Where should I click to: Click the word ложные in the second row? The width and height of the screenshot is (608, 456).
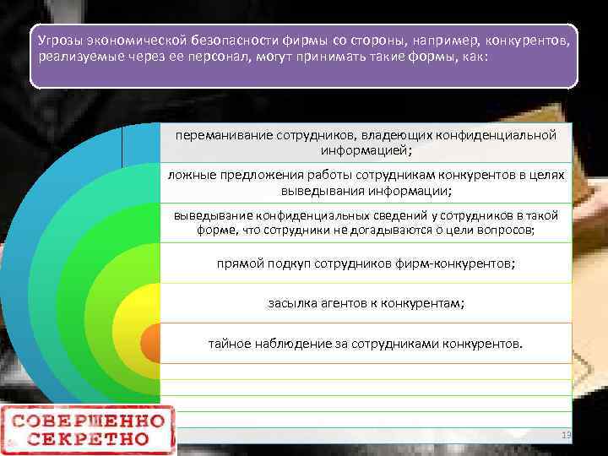tap(189, 174)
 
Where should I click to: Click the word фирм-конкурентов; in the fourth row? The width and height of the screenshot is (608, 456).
tap(457, 263)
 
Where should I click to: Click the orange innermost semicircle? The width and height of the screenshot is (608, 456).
tap(149, 343)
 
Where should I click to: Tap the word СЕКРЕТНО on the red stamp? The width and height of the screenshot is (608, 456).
tap(89, 439)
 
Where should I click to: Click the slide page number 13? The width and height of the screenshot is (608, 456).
tap(567, 434)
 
